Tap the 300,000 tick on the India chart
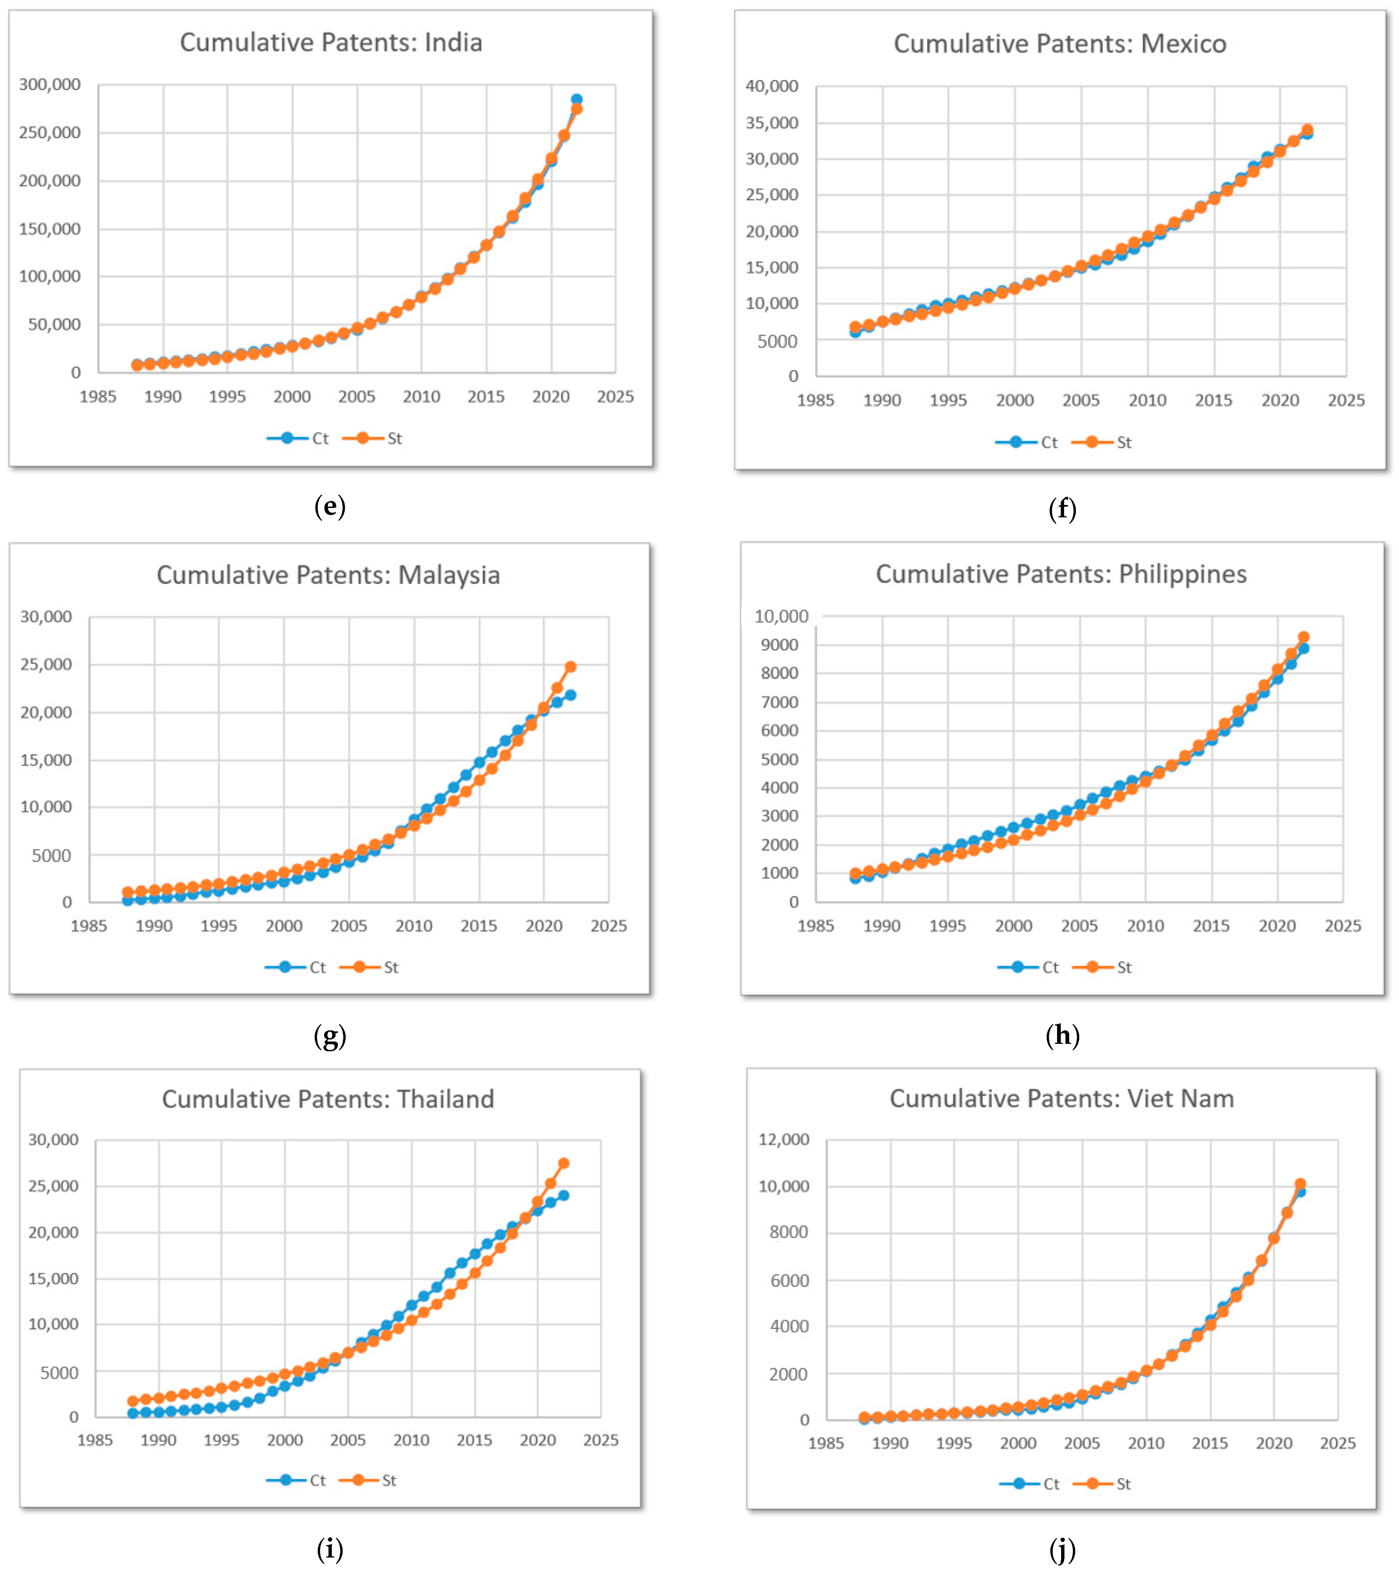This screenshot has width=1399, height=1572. click(50, 84)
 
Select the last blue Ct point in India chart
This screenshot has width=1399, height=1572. click(577, 99)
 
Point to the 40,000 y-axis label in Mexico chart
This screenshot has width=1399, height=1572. click(772, 86)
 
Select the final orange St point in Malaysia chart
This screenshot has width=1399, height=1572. click(570, 667)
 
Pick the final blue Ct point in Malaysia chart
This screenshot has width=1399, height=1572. click(570, 695)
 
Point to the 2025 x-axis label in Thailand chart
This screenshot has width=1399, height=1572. click(600, 1440)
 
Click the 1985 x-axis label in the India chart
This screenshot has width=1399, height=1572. click(99, 397)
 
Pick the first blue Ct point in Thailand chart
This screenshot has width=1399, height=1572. click(133, 1414)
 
